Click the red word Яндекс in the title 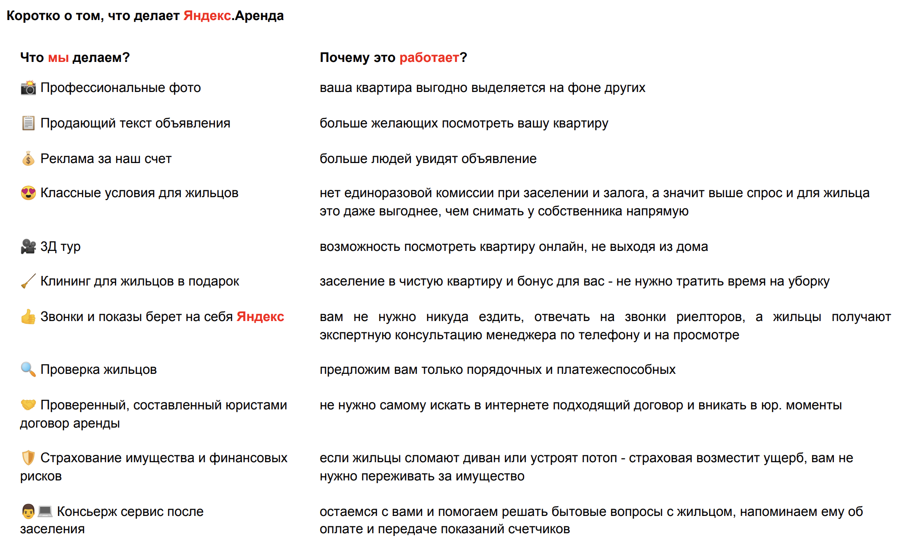coord(207,16)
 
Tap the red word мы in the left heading coord(58,58)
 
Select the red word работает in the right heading coord(429,58)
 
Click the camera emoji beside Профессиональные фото coord(28,87)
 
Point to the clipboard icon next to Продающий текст coord(28,123)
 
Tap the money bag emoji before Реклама coord(28,158)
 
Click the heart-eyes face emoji coord(28,193)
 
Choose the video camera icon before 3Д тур coord(28,246)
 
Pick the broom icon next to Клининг coord(28,281)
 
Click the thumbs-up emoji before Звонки coord(28,316)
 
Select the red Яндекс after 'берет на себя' coord(260,316)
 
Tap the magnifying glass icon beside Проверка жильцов coord(28,369)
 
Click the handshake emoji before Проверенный coord(28,404)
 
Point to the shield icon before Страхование coord(28,458)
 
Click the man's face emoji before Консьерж coord(28,511)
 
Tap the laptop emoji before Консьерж coord(45,511)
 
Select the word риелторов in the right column coord(711,316)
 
